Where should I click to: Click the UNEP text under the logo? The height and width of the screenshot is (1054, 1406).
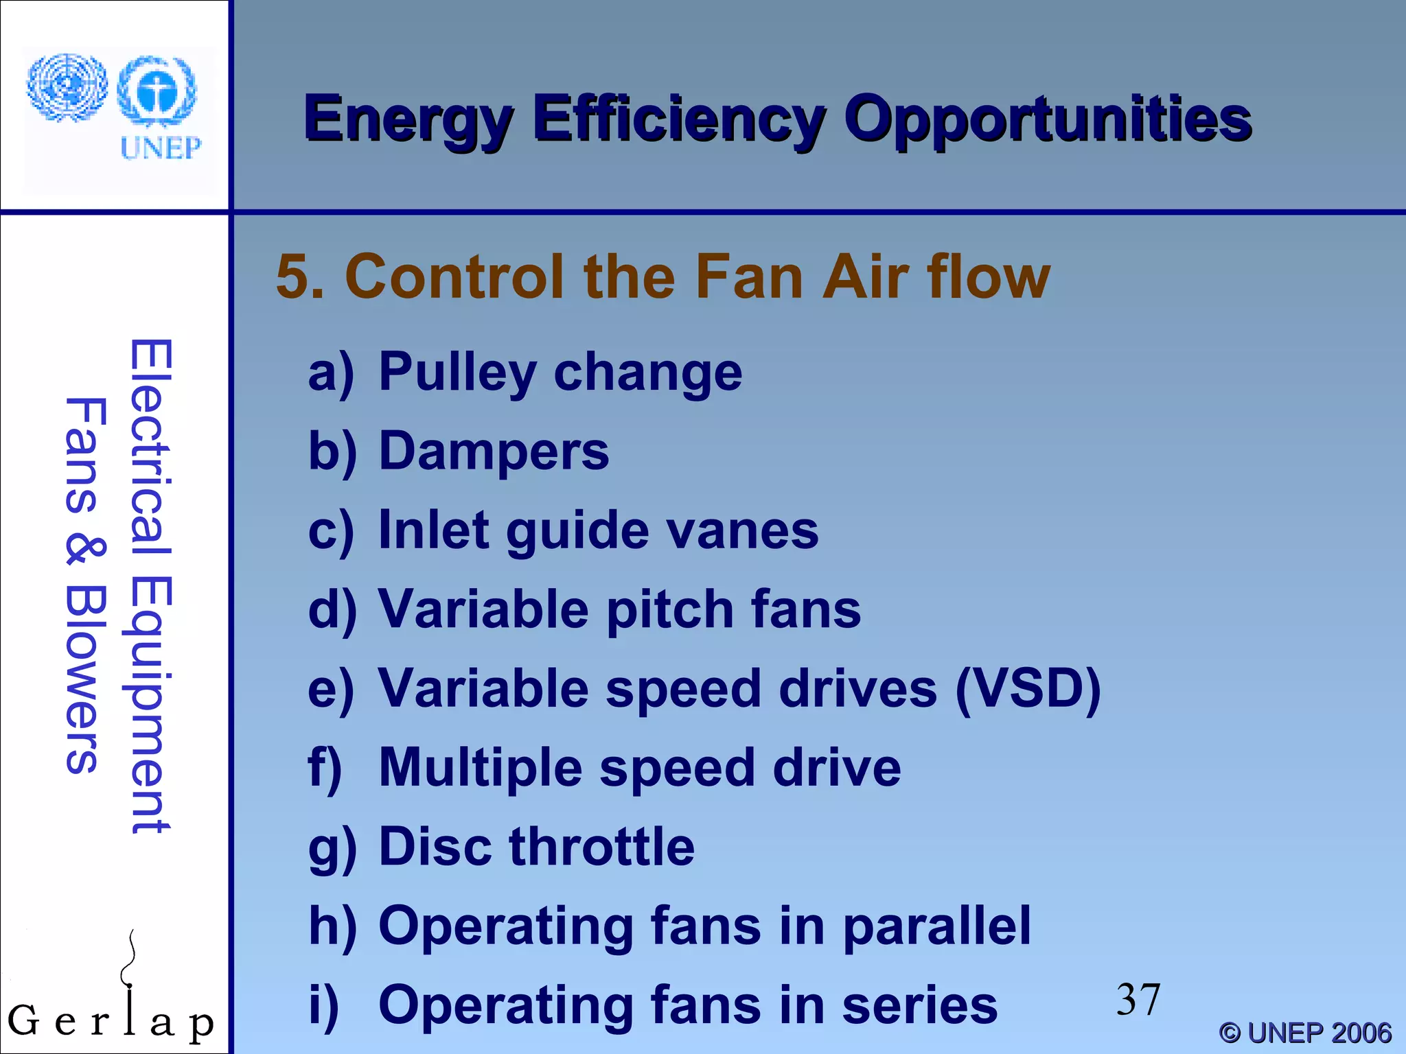[x=161, y=148]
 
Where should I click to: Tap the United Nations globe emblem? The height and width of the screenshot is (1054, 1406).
[x=67, y=87]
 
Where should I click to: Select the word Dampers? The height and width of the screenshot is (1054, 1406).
[x=494, y=452]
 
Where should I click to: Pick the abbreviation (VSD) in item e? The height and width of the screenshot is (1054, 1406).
[x=1027, y=689]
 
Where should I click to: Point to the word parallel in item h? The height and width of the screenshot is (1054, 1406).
[x=936, y=926]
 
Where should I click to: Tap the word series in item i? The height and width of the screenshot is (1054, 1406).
[x=919, y=1005]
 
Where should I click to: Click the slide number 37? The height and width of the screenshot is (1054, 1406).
[x=1138, y=1000]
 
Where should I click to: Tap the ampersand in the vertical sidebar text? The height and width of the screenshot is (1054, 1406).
[x=85, y=551]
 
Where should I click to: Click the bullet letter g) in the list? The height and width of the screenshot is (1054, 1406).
[x=332, y=849]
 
